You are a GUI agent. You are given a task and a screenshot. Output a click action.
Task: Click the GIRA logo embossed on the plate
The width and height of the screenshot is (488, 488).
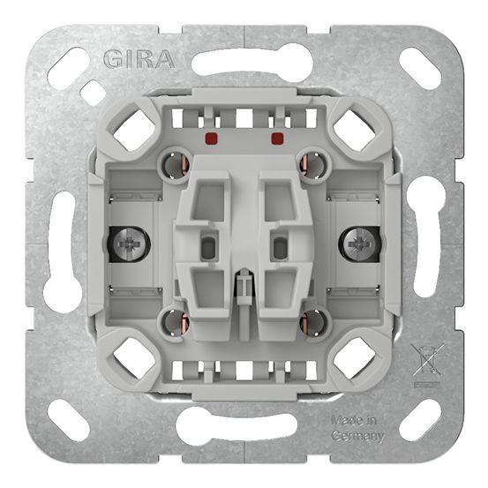coord(139,59)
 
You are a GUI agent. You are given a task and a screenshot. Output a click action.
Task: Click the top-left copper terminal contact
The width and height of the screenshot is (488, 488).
coord(174,165)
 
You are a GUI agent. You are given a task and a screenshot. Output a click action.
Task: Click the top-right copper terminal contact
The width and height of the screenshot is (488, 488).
coord(313,165)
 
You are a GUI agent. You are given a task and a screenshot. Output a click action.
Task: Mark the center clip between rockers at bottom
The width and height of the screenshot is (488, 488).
coord(244,287)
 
